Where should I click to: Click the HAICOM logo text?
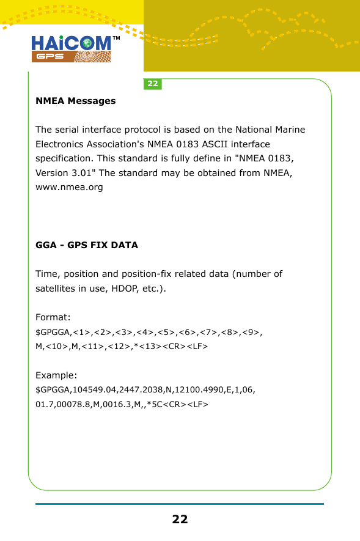(70, 43)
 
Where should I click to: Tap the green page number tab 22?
(152, 84)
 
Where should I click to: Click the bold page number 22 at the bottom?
(180, 520)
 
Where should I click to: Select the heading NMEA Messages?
(76, 101)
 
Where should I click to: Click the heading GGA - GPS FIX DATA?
(87, 245)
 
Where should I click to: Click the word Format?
(53, 317)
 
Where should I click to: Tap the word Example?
(57, 375)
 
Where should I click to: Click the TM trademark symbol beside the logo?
(116, 39)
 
